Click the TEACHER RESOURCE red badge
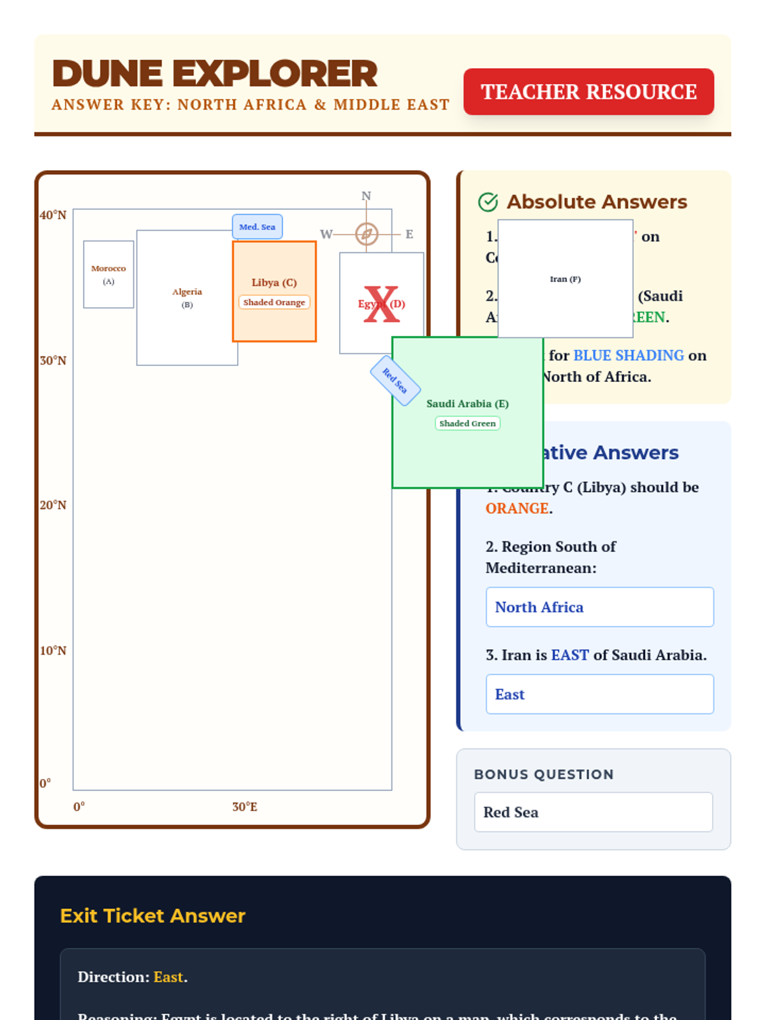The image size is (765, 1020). (588, 92)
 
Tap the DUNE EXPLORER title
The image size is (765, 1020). (215, 73)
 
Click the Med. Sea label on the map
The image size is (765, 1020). (257, 227)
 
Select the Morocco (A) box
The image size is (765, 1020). (108, 274)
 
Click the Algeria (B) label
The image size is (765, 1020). (187, 297)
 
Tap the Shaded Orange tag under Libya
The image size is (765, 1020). (274, 302)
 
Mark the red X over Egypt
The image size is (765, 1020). (381, 304)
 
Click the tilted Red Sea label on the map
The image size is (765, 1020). (395, 381)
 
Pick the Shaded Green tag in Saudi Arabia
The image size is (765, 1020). (467, 423)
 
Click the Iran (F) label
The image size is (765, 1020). (565, 279)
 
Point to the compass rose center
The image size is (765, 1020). (367, 234)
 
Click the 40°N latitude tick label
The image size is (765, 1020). (53, 215)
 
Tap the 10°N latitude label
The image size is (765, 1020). (53, 651)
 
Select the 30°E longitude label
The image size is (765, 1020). (245, 807)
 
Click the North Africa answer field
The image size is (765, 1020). (599, 607)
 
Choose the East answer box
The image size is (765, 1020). (599, 694)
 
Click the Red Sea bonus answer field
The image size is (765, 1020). (593, 812)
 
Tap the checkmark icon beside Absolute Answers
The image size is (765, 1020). (488, 202)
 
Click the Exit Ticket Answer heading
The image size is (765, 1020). (152, 916)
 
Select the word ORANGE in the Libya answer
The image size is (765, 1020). (517, 509)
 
